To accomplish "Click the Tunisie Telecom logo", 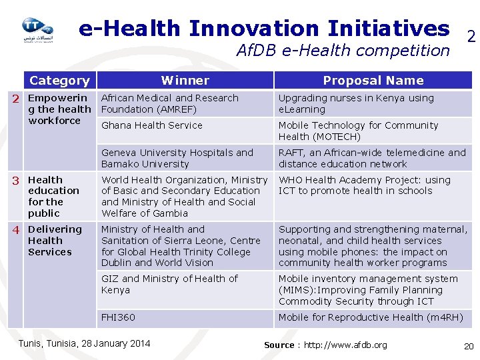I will coord(37,31).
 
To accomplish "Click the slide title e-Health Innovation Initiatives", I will coord(264,28).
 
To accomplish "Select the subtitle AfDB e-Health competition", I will coord(343,50).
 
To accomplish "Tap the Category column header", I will coord(59,81).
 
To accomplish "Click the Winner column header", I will coord(185,81).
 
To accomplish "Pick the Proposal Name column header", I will coord(373,81).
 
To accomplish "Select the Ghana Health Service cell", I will coord(152,125).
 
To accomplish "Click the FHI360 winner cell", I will coord(118,317).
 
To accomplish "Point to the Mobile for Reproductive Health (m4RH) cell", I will coord(370,317).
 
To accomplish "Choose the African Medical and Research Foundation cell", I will coord(169,103).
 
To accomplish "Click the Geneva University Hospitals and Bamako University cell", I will coord(177,158).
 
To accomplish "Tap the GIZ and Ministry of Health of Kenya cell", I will coord(169,284).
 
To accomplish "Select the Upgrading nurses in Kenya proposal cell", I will coord(356,103).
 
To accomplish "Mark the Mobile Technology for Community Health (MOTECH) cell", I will coord(358,131).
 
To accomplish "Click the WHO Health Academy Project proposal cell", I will coord(364,185).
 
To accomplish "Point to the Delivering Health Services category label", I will coord(54,241).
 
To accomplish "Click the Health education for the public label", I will coord(53,196).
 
